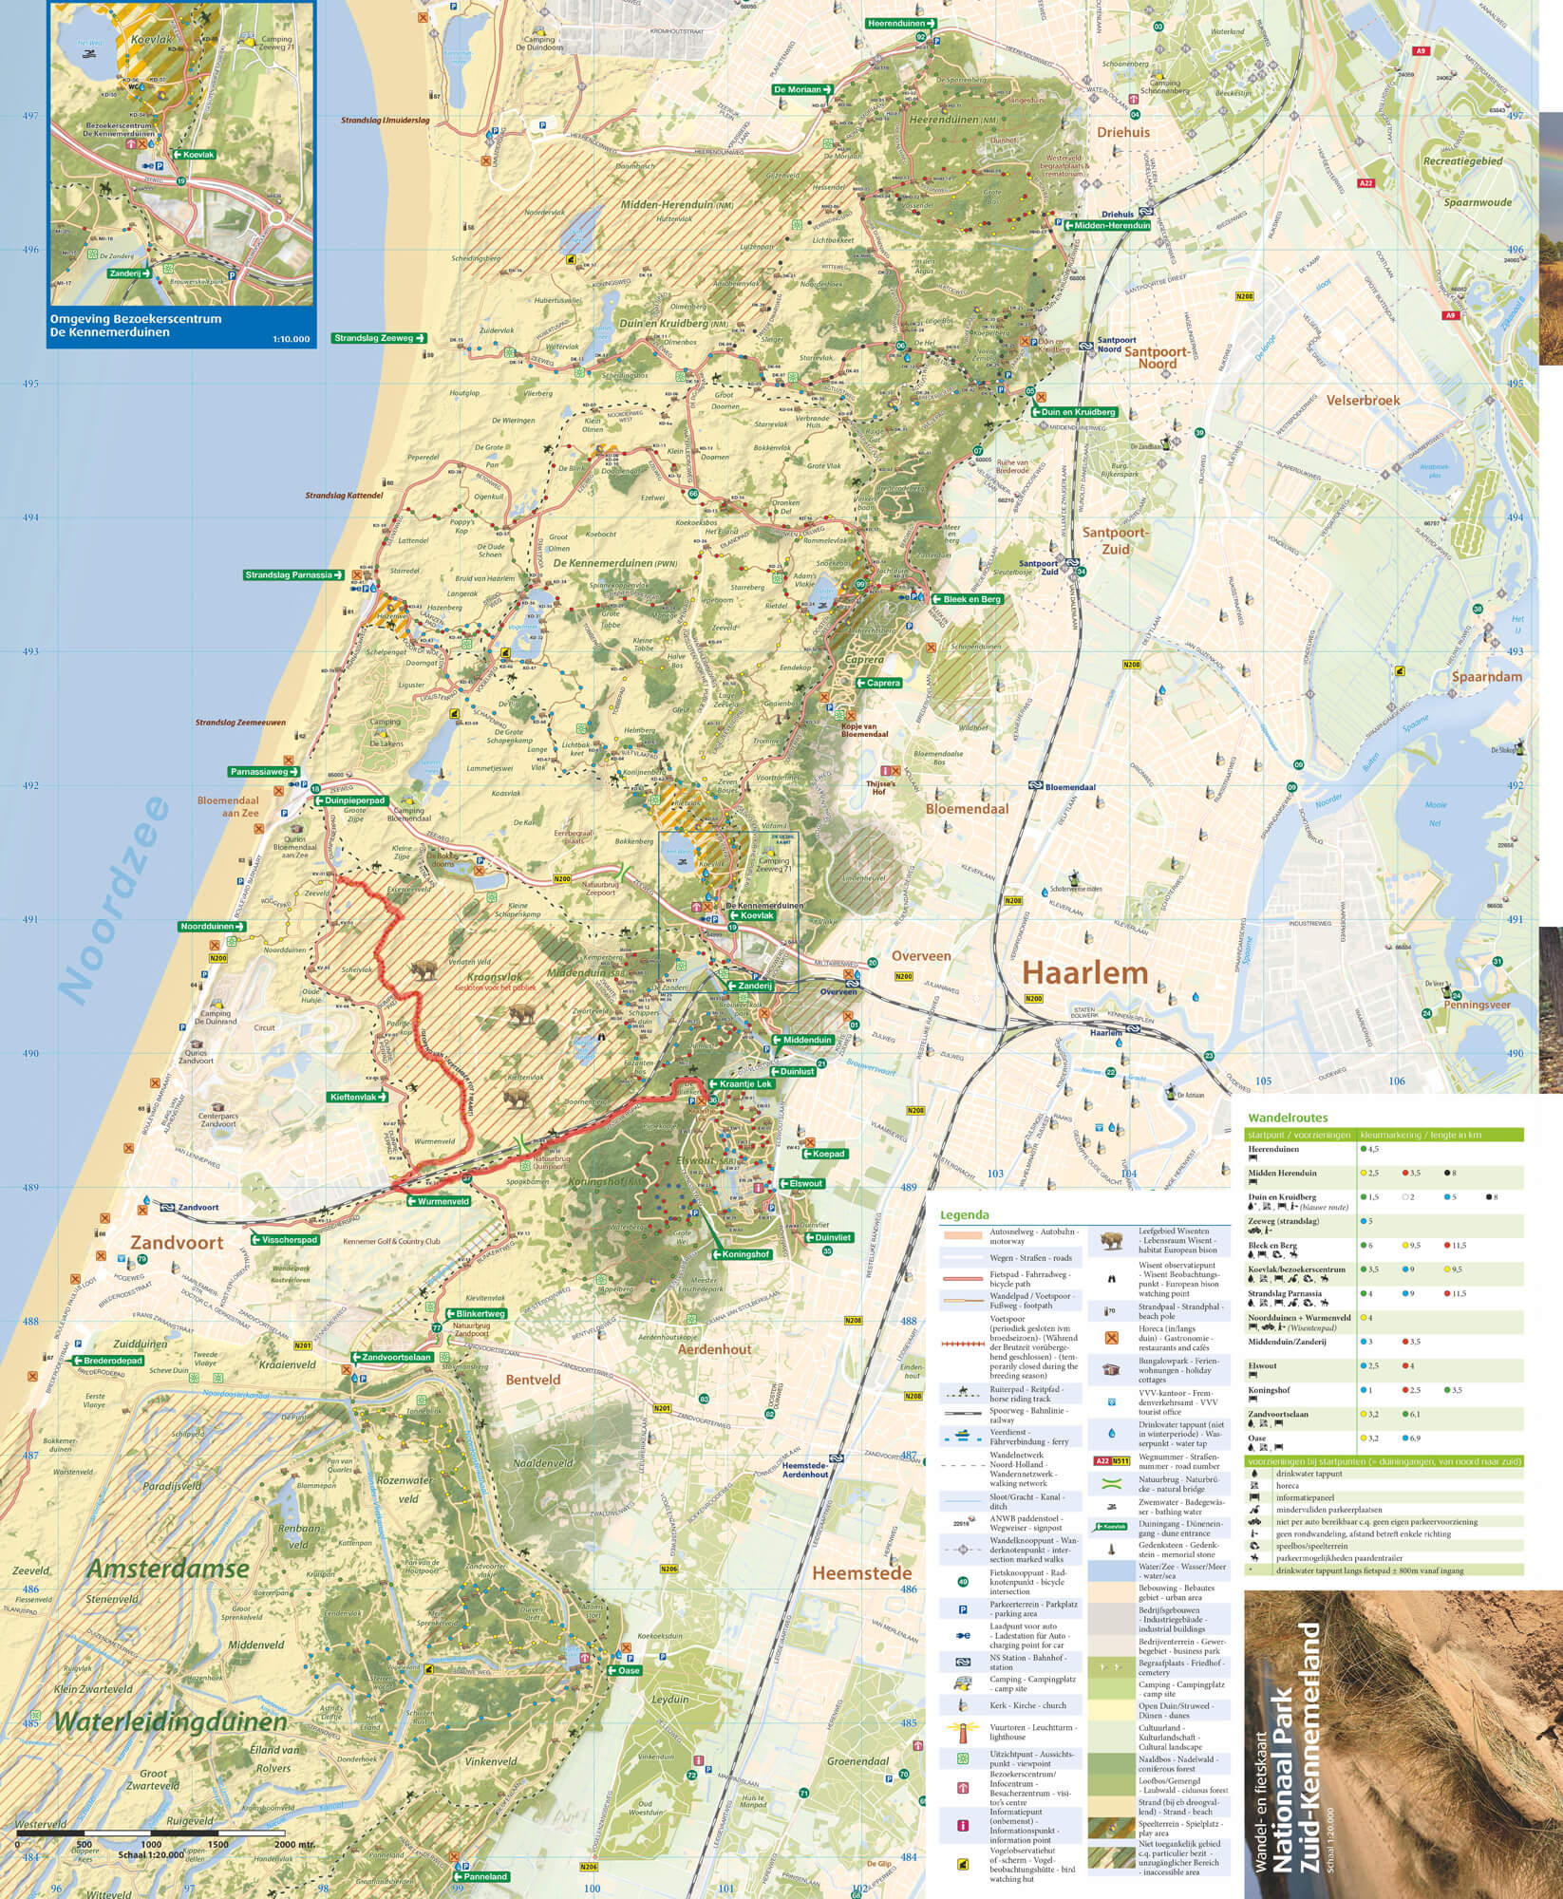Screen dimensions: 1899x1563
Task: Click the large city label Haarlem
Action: coord(1085,972)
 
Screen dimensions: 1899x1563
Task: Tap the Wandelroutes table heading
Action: coord(1288,1119)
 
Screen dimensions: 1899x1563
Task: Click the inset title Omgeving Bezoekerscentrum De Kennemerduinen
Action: coord(139,326)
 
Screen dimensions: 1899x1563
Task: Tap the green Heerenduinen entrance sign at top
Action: coord(900,23)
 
